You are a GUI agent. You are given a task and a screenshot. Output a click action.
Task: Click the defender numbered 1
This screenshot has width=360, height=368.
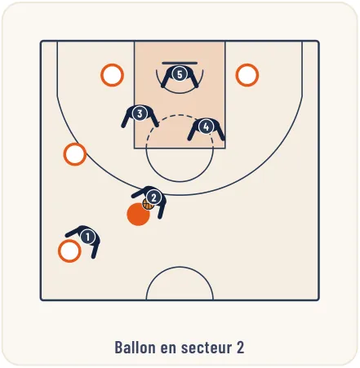tap(87, 237)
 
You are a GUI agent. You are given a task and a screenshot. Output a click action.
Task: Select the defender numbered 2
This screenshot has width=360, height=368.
tap(153, 197)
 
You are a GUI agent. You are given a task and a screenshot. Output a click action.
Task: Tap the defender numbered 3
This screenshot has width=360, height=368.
tap(140, 113)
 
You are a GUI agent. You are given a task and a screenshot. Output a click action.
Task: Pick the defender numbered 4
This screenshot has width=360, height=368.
tap(206, 126)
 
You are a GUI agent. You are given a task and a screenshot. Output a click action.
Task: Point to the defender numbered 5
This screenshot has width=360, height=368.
tap(180, 74)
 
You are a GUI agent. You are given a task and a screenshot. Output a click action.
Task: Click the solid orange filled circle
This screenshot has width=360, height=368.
tap(138, 215)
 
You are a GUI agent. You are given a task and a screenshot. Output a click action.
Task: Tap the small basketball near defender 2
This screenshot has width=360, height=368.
tap(148, 204)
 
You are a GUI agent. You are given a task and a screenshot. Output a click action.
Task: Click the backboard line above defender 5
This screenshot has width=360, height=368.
tap(180, 63)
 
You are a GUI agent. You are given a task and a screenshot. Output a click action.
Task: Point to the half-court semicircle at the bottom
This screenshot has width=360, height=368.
tap(180, 267)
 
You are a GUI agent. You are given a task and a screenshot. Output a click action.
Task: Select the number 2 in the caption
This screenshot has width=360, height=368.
tap(240, 348)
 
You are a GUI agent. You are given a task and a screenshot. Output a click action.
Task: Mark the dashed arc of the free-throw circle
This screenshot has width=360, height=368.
tap(180, 115)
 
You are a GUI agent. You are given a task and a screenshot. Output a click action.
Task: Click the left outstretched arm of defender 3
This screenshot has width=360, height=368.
tap(126, 119)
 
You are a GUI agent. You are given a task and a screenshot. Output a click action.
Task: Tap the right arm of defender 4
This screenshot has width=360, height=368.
tap(220, 132)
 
